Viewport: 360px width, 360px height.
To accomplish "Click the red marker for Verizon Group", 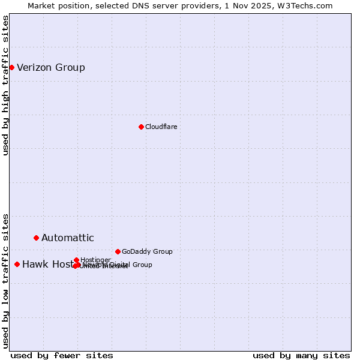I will point(11,67).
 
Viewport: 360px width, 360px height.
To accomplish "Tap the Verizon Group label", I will point(51,67).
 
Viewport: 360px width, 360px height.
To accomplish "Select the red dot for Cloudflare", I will point(141,127).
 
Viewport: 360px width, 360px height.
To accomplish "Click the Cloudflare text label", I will point(161,127).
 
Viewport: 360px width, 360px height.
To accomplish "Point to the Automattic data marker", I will point(36,238).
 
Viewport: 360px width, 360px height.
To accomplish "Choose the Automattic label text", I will point(68,238).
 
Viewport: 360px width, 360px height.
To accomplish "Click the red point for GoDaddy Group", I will point(118,251).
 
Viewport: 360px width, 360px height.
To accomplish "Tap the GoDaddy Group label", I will point(147,251).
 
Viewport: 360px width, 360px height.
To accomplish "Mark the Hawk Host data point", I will point(17,264).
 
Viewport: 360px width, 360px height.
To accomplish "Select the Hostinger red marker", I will point(76,260).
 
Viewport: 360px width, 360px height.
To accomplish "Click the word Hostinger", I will point(95,260).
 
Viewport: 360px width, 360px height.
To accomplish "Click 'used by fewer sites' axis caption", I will point(62,355).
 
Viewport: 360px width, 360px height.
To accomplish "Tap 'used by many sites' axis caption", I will point(301,355).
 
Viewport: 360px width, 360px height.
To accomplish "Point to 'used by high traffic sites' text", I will point(6,85).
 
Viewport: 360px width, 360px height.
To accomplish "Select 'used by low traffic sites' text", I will point(6,280).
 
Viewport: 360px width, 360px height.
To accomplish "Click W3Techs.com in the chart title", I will point(310,5).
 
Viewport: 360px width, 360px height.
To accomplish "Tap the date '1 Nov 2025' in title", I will point(259,5).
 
